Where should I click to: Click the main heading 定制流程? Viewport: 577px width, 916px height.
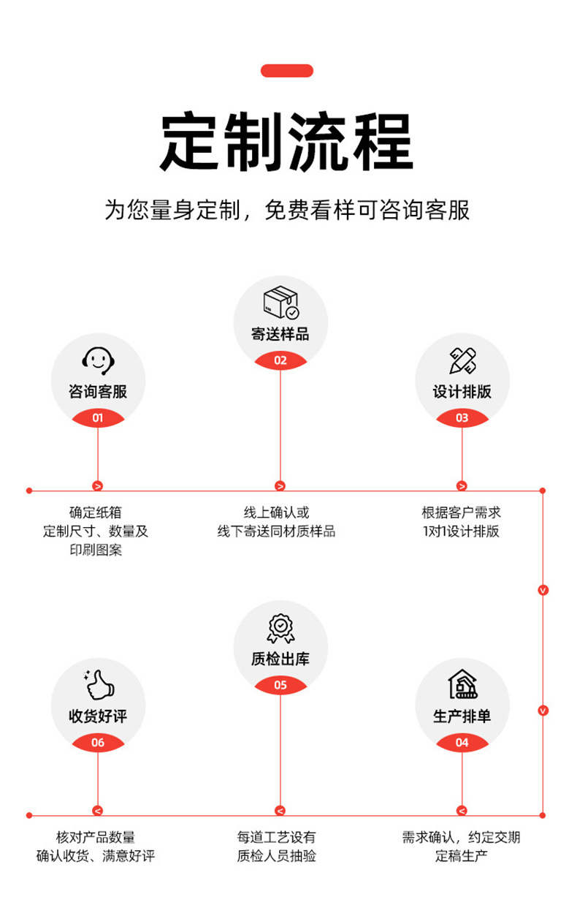(287, 142)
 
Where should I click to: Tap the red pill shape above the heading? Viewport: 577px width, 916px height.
(287, 71)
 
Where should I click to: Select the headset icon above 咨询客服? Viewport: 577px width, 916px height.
(98, 360)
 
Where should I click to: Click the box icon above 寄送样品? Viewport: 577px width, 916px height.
(280, 303)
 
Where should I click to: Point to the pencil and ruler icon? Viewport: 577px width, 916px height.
(462, 360)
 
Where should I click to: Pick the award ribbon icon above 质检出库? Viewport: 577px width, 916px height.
(280, 629)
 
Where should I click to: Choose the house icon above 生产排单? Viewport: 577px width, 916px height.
(462, 684)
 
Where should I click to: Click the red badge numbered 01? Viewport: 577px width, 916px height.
(98, 418)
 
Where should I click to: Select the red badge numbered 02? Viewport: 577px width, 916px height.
(280, 360)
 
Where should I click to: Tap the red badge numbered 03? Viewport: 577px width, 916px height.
(462, 418)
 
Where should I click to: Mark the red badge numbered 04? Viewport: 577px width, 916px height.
(462, 743)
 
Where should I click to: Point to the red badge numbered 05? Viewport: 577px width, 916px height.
(280, 685)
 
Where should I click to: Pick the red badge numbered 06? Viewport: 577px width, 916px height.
(98, 743)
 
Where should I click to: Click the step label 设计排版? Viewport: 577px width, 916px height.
(462, 392)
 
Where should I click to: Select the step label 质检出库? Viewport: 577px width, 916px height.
(280, 659)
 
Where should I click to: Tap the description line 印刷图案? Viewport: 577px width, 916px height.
(96, 550)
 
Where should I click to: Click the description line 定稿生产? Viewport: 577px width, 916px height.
(462, 855)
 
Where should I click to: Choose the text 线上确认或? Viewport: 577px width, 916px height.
(277, 512)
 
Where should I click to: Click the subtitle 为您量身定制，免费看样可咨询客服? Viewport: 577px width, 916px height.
(287, 211)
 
